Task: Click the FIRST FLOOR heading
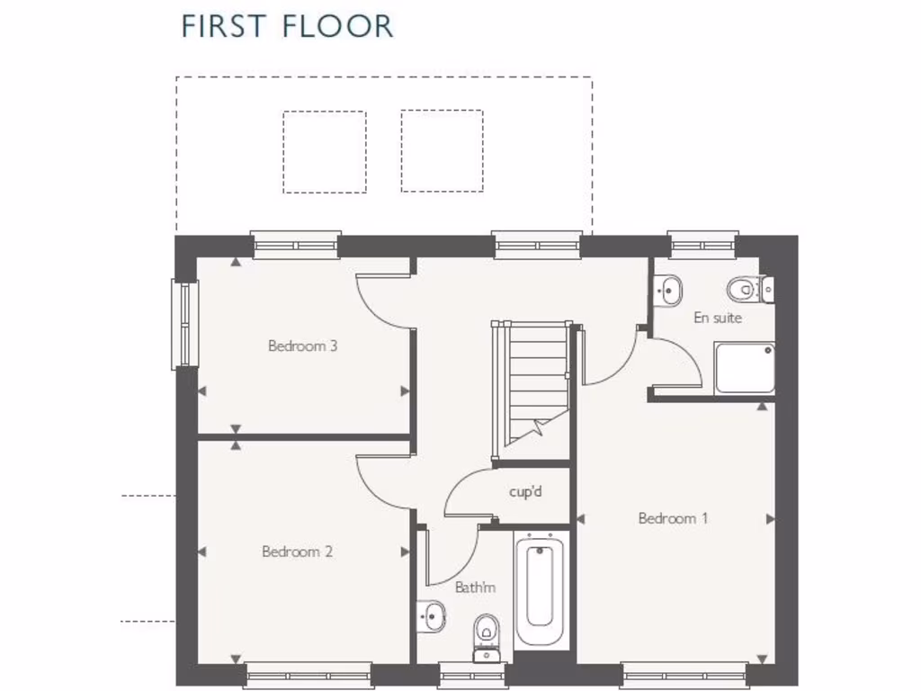pos(287,26)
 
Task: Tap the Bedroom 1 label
pos(673,518)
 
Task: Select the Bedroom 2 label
pos(297,552)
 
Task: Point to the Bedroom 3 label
pos(302,345)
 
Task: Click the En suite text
pos(717,318)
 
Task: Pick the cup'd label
pos(525,492)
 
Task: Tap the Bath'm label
pos(475,588)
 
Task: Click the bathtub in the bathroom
pos(540,589)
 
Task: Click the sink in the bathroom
pos(432,617)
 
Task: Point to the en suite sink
pos(668,289)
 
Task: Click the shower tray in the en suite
pos(745,368)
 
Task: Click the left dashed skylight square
pos(325,151)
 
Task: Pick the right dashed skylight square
pos(442,151)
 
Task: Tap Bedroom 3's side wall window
pos(184,325)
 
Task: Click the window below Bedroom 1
pos(684,674)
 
